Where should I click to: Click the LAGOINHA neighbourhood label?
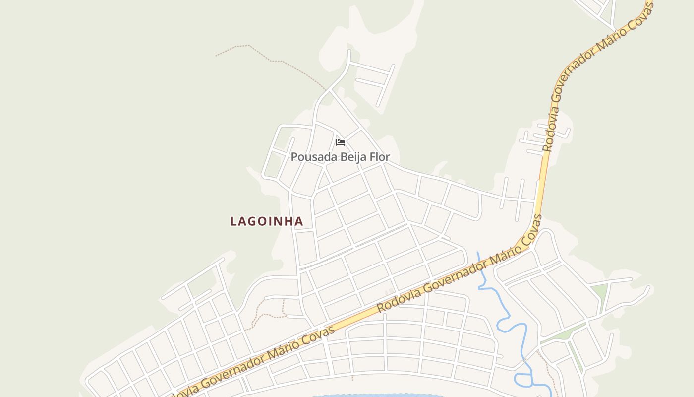pyautogui.click(x=267, y=221)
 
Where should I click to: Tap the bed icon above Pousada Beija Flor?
pyautogui.click(x=341, y=142)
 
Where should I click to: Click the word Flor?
pyautogui.click(x=380, y=157)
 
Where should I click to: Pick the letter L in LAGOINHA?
pyautogui.click(x=233, y=221)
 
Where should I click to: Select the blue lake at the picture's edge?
pyautogui.click(x=377, y=396)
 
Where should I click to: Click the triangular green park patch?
pyautogui.click(x=600, y=293)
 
